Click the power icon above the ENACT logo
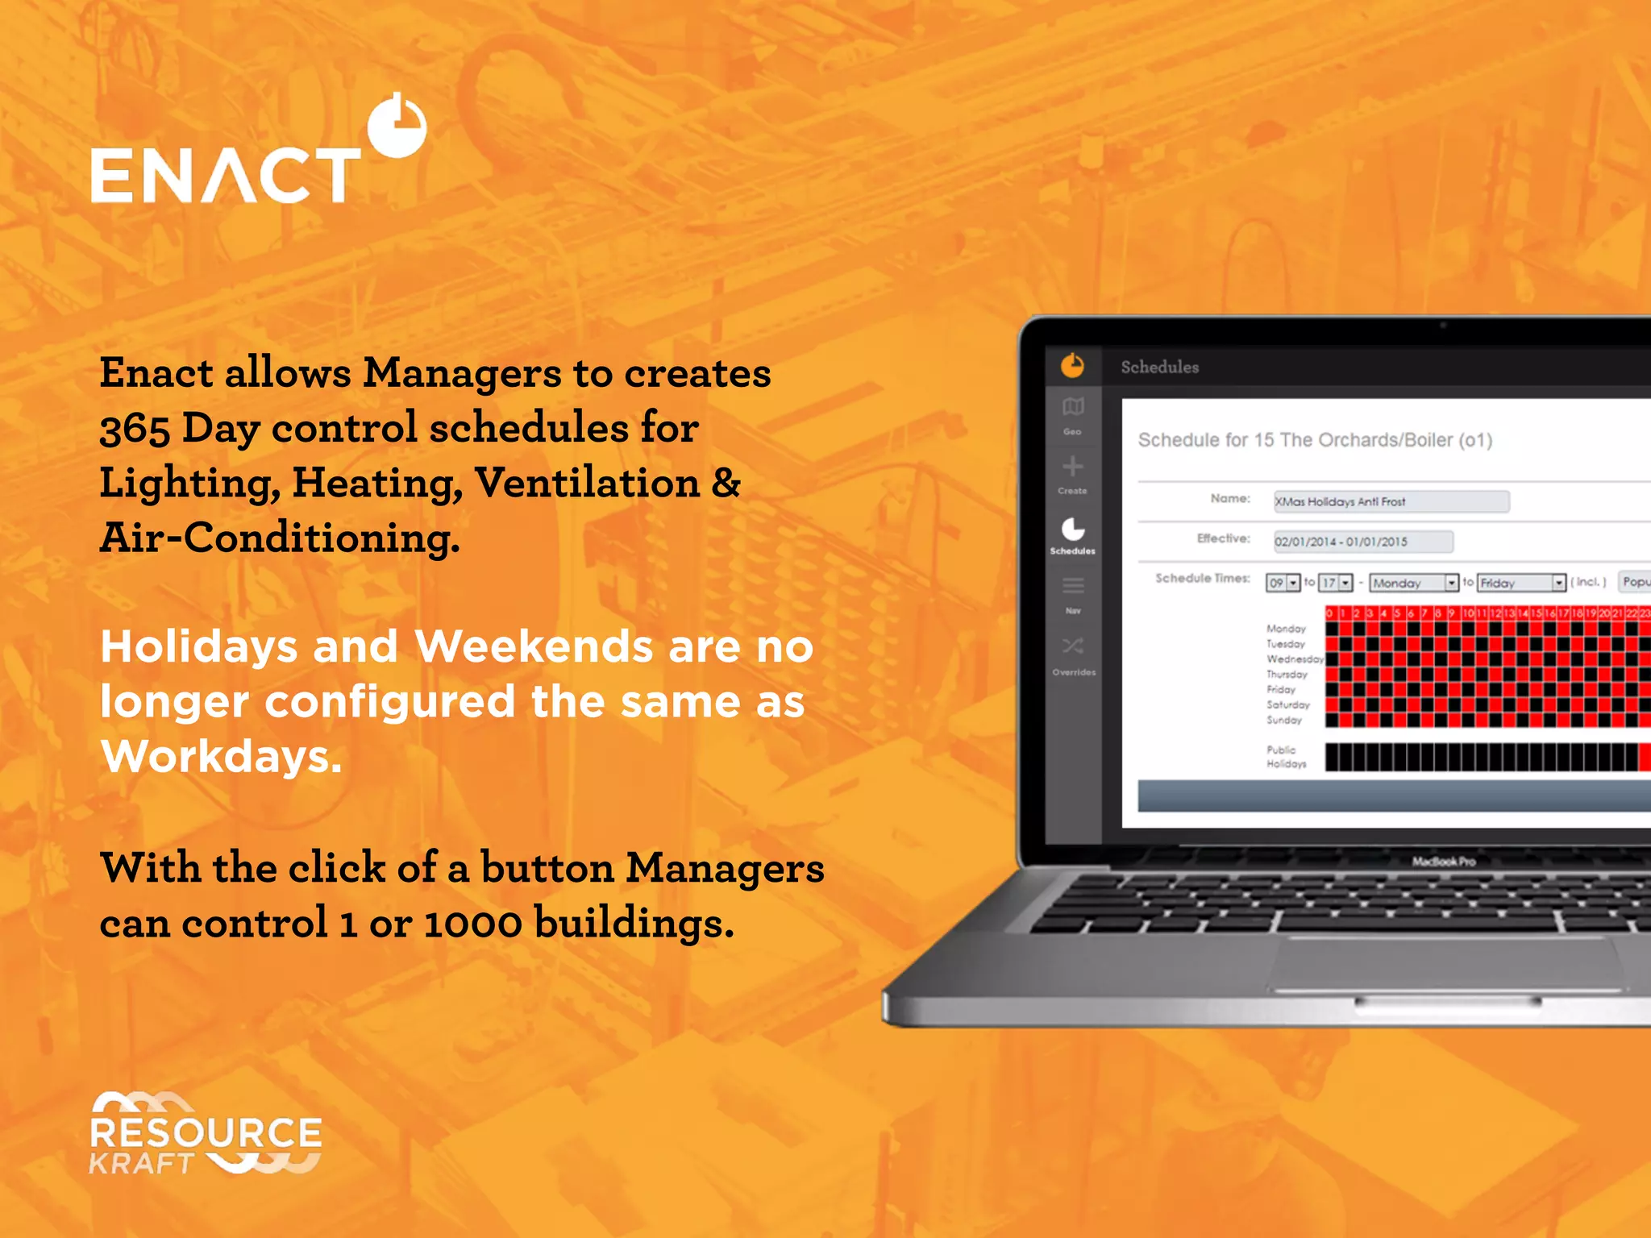pyautogui.click(x=397, y=126)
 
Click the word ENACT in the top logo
pyautogui.click(x=226, y=175)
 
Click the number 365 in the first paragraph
pyautogui.click(x=134, y=429)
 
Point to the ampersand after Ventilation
pyautogui.click(x=726, y=483)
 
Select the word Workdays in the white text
pyautogui.click(x=221, y=757)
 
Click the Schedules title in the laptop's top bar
pyautogui.click(x=1159, y=368)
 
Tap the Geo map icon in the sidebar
pyautogui.click(x=1073, y=407)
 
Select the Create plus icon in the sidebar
pyautogui.click(x=1073, y=467)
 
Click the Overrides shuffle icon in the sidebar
pyautogui.click(x=1073, y=646)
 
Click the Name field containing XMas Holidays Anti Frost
pyautogui.click(x=1391, y=501)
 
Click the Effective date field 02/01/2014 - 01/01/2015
pyautogui.click(x=1362, y=542)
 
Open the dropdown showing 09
pyautogui.click(x=1283, y=583)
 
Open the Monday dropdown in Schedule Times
pyautogui.click(x=1414, y=583)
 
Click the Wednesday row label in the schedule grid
pyautogui.click(x=1294, y=659)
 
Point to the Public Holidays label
pyautogui.click(x=1286, y=757)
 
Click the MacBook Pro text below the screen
pyautogui.click(x=1443, y=862)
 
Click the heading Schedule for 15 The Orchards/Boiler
pyautogui.click(x=1315, y=440)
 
